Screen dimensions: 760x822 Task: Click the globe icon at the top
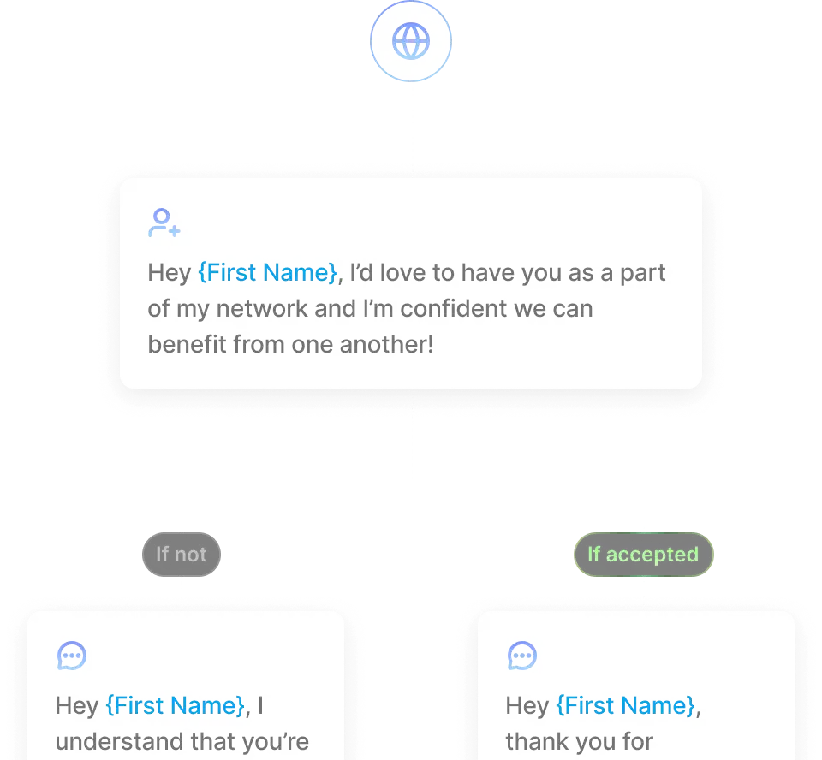(x=410, y=40)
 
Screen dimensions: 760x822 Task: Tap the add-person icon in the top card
(x=164, y=223)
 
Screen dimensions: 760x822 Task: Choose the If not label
(x=181, y=555)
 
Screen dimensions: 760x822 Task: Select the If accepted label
(x=643, y=555)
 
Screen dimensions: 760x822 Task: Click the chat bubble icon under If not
(x=72, y=656)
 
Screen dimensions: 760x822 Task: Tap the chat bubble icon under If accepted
(x=521, y=656)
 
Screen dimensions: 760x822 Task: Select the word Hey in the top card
(x=169, y=273)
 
